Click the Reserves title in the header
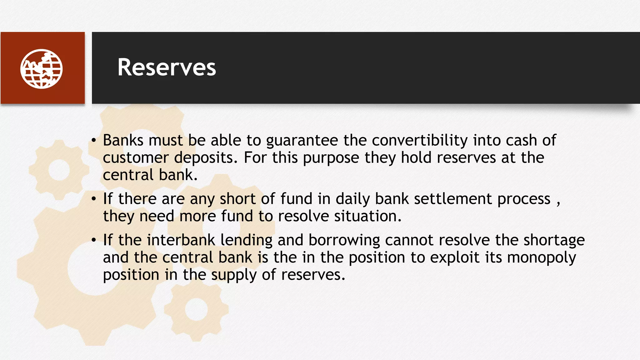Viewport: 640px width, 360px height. tap(167, 67)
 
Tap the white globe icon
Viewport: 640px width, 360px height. tap(42, 69)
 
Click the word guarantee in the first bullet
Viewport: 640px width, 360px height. tap(302, 141)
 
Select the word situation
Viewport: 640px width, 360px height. tap(367, 216)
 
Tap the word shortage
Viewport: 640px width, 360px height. tap(554, 241)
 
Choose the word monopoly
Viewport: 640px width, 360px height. tap(541, 258)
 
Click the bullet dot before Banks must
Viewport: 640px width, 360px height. tap(94, 140)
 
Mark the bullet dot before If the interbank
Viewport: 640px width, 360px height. tap(94, 240)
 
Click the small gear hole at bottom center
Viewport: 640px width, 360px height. tap(196, 309)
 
